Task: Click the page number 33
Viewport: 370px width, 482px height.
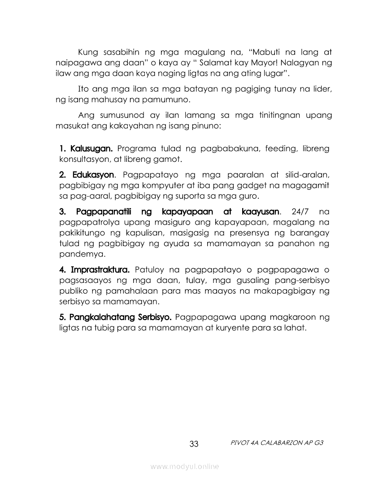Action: click(x=194, y=444)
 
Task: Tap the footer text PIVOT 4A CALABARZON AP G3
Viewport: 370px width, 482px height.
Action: click(x=276, y=442)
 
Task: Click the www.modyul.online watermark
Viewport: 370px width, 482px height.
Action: click(x=185, y=467)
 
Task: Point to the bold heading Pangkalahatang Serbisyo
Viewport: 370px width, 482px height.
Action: click(x=115, y=317)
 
